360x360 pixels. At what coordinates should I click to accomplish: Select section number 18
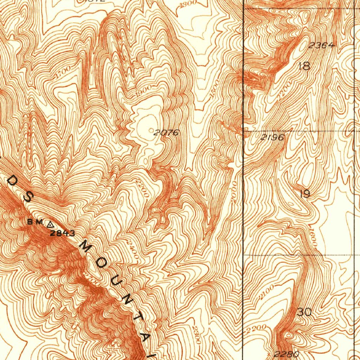(x=304, y=66)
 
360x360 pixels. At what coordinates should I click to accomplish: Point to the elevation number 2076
(x=167, y=133)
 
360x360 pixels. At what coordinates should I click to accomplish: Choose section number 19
(x=305, y=194)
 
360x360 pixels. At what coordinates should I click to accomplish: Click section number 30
(x=304, y=312)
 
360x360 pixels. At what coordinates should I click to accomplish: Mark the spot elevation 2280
(x=287, y=354)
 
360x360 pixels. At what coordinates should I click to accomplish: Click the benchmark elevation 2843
(x=62, y=233)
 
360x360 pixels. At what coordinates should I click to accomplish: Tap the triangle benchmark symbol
(x=50, y=223)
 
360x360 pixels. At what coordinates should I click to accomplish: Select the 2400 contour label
(x=134, y=251)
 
